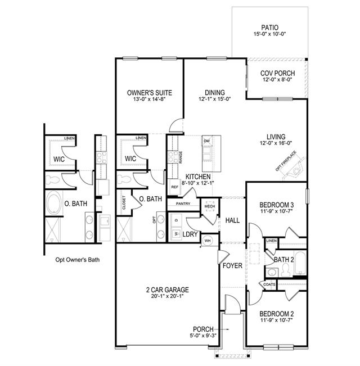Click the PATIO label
tap(269, 28)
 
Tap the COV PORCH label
tap(277, 73)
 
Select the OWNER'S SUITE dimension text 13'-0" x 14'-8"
tap(150, 99)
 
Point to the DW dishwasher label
tap(207, 141)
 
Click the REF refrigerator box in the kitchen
tap(174, 187)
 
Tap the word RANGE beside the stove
tap(181, 157)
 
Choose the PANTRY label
tap(183, 204)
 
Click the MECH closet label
tap(210, 206)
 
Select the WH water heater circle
tap(208, 241)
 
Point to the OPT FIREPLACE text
tap(286, 161)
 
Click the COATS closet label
tap(269, 284)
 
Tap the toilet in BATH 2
tap(285, 269)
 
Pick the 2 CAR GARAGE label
tap(168, 290)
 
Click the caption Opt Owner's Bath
tap(78, 260)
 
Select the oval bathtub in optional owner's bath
tap(53, 203)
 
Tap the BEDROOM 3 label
tap(277, 205)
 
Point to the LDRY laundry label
tap(190, 234)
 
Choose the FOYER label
tap(232, 265)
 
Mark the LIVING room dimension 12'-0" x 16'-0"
tap(276, 143)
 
